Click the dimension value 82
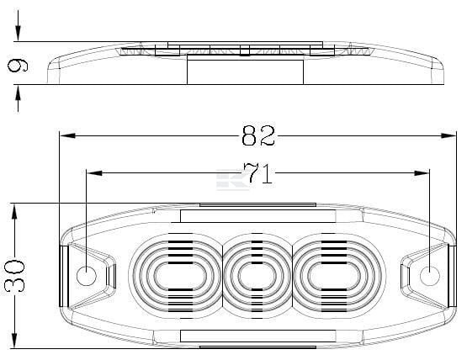tap(258, 135)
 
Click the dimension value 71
tap(258, 173)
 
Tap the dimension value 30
tap(14, 275)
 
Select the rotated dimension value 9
tap(18, 66)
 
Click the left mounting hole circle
tap(87, 275)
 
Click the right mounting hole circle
tap(430, 275)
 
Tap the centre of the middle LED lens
tap(257, 276)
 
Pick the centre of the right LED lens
tap(334, 276)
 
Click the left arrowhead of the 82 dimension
tap(67, 135)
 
